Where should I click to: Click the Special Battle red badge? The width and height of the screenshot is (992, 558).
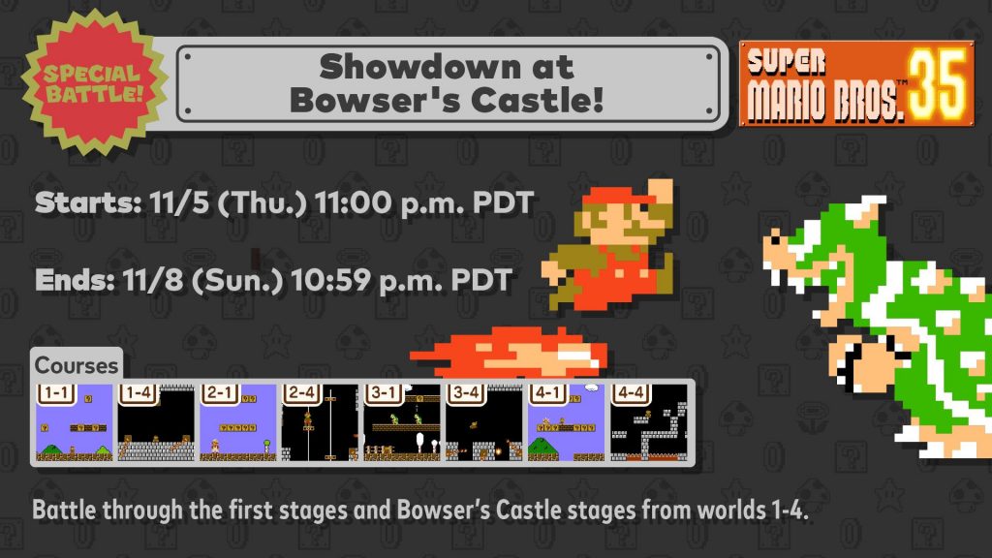click(95, 82)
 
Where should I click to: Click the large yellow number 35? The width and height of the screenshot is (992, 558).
click(938, 85)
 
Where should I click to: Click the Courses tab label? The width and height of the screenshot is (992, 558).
click(77, 365)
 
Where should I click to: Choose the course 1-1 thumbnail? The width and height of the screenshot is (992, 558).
click(74, 422)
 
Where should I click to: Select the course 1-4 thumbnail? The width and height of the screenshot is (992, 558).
click(156, 422)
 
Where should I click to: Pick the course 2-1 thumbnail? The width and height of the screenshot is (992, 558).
click(238, 422)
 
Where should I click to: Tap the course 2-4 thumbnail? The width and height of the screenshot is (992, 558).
click(320, 422)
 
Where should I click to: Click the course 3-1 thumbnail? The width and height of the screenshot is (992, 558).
click(402, 422)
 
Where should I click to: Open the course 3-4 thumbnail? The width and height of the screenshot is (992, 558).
click(484, 422)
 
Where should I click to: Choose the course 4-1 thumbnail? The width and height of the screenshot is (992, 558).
click(566, 422)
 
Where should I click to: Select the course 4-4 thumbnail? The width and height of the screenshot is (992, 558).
click(648, 422)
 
